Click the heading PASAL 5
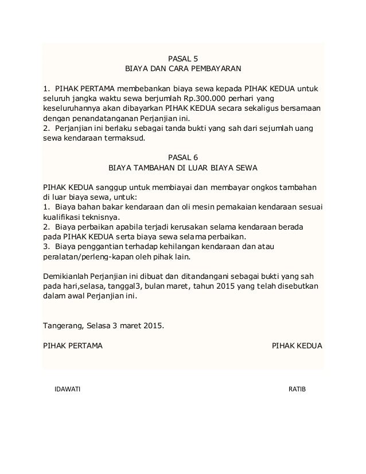click(x=184, y=57)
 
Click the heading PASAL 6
click(x=184, y=157)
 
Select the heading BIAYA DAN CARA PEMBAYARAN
click(x=184, y=68)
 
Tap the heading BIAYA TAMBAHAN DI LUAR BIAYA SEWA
click(x=184, y=168)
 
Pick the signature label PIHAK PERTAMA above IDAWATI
click(x=73, y=346)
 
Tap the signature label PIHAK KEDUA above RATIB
click(x=296, y=346)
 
